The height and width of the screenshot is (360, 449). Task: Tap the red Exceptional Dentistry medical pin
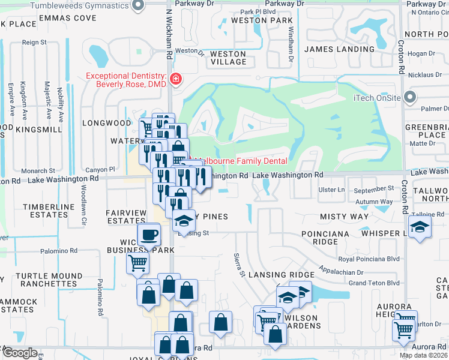(175, 79)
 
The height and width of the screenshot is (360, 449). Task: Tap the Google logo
(20, 353)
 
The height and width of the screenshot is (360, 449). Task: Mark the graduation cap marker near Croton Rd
(420, 227)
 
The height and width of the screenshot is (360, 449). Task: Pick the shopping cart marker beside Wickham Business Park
(137, 262)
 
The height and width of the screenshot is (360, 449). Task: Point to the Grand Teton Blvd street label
(374, 283)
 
